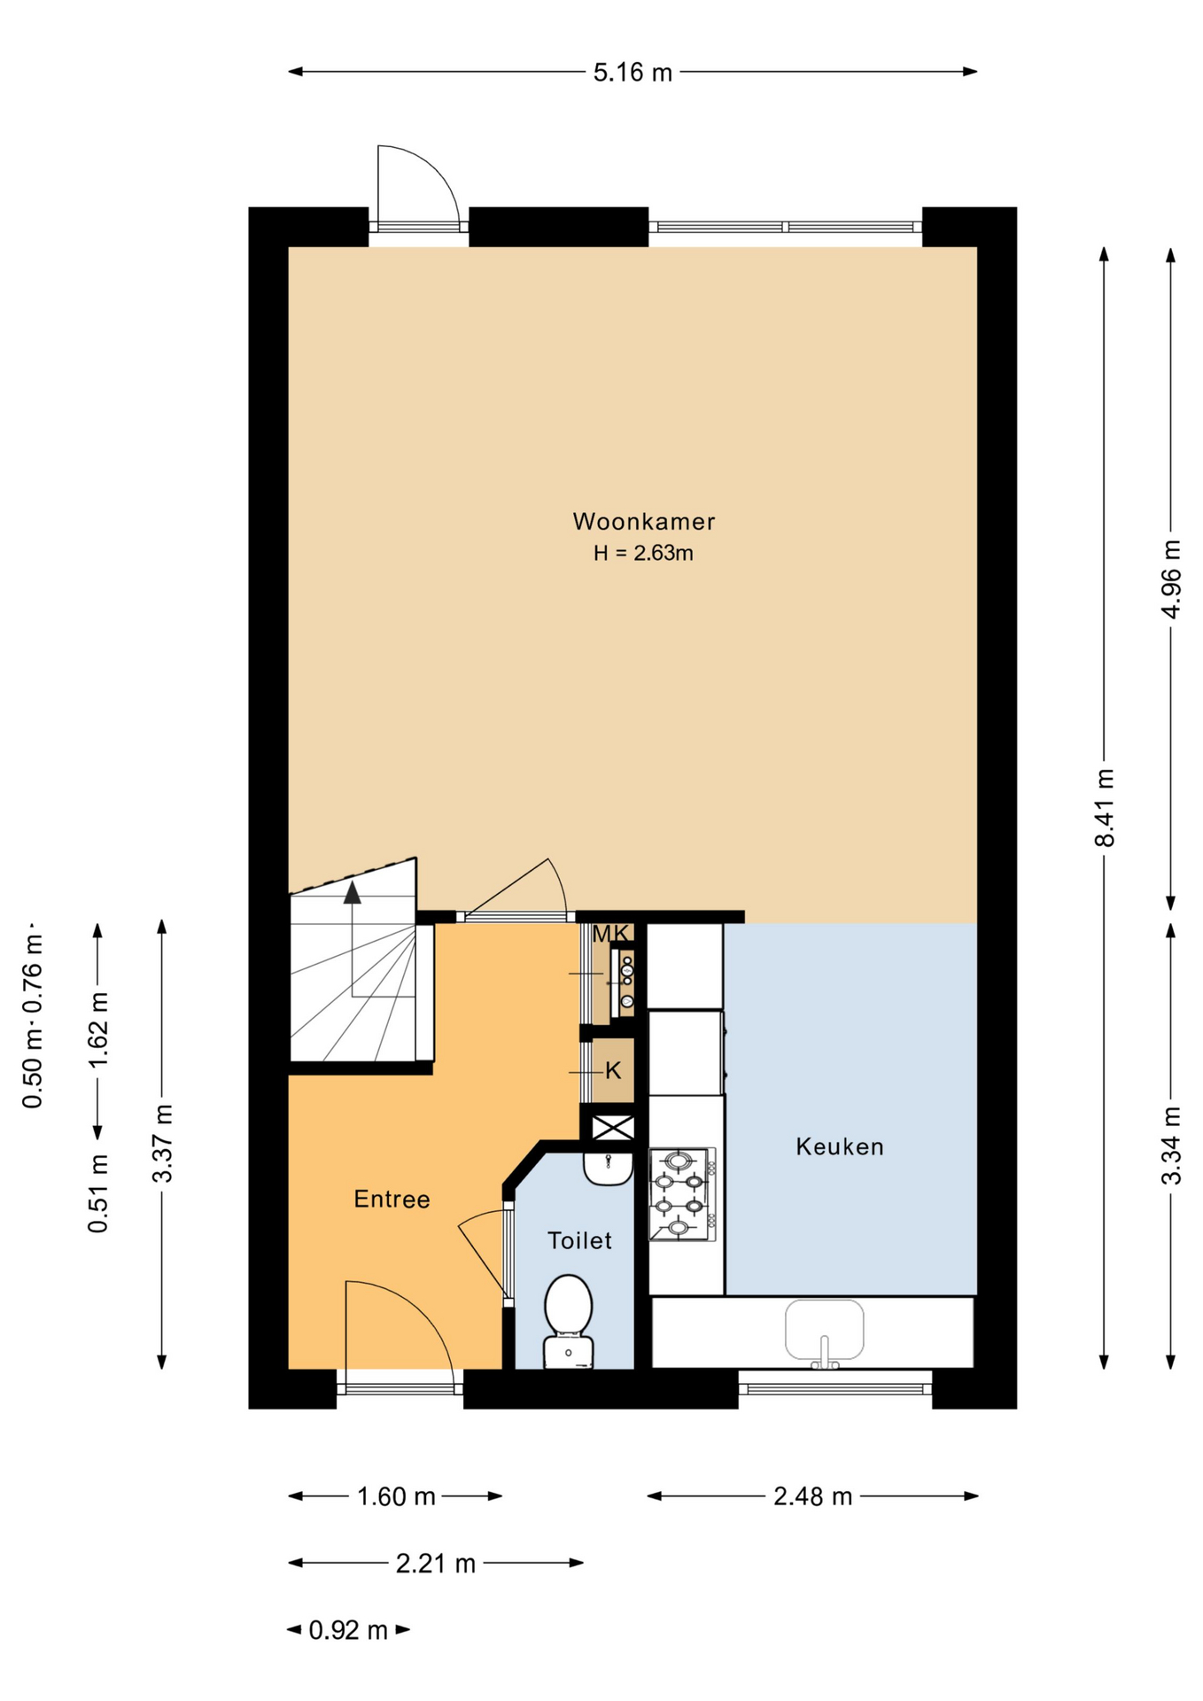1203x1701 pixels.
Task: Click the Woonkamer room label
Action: pos(644,521)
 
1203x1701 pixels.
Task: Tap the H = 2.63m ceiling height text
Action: pos(643,553)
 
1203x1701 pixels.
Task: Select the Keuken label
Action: pos(840,1146)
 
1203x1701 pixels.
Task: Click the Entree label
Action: pos(392,1199)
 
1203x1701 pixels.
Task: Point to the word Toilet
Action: pos(579,1240)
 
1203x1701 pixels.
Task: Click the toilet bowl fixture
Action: pos(568,1321)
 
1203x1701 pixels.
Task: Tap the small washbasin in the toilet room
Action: pos(608,1168)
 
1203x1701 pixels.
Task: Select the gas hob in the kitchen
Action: pos(682,1193)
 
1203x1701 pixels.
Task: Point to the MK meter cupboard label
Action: pos(610,934)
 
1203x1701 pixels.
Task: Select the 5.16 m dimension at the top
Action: pos(633,72)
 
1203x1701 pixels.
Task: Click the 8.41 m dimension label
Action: pos(1104,807)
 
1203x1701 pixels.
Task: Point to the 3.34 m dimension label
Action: pos(1170,1145)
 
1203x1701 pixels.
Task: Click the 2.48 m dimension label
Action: pos(812,1496)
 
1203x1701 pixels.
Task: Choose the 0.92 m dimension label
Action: pos(348,1629)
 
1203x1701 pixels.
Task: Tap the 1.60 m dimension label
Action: pos(396,1496)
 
